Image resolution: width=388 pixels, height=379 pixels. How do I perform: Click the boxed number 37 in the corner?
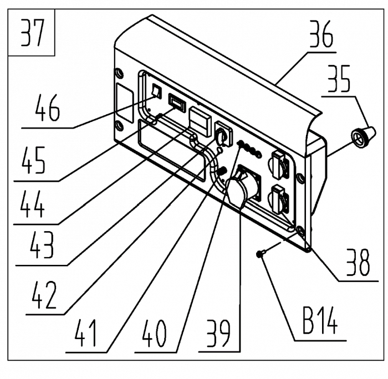click(32, 33)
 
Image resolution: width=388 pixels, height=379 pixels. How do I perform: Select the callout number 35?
click(339, 79)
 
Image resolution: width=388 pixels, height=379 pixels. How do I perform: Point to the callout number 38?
click(358, 262)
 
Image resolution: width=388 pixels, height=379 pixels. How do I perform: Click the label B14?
click(320, 321)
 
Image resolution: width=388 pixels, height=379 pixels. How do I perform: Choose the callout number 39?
click(218, 333)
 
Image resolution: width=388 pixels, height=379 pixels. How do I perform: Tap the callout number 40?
click(154, 333)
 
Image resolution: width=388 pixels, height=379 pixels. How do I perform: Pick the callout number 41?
click(85, 333)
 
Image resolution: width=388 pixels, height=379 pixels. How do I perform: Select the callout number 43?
click(42, 245)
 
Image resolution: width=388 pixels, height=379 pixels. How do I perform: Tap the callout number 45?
click(33, 160)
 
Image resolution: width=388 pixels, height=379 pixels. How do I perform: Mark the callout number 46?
click(47, 107)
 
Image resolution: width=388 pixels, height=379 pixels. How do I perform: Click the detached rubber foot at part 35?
click(363, 137)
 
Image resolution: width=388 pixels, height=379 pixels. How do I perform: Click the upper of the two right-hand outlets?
click(279, 164)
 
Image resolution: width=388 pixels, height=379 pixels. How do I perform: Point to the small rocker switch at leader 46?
click(156, 91)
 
